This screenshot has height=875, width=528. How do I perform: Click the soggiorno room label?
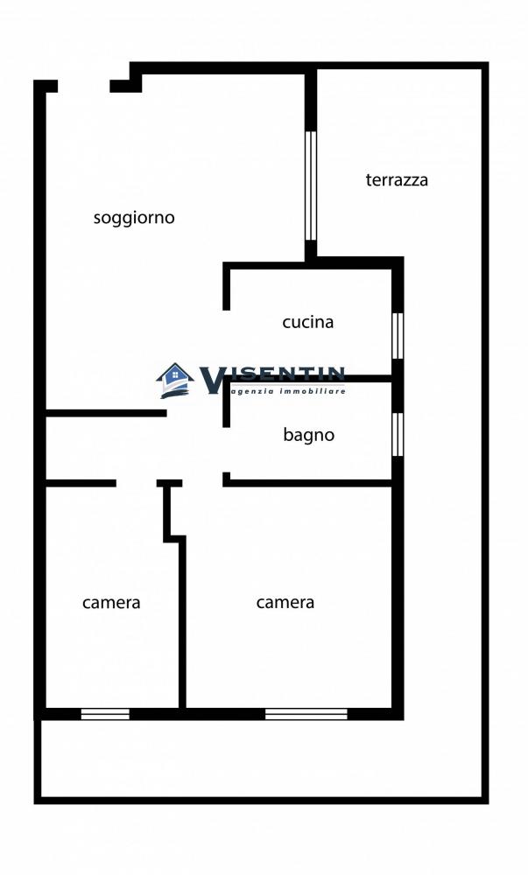pyautogui.click(x=134, y=218)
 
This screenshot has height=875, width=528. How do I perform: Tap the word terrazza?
pyautogui.click(x=397, y=180)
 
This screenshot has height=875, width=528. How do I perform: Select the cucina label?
pyautogui.click(x=307, y=322)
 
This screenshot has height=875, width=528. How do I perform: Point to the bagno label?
pyautogui.click(x=308, y=434)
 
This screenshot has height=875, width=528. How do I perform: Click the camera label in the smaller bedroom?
pyautogui.click(x=111, y=602)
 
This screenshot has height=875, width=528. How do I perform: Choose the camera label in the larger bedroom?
pyautogui.click(x=285, y=602)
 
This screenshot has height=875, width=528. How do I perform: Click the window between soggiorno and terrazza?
pyautogui.click(x=310, y=185)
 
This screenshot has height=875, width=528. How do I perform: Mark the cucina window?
pyautogui.click(x=397, y=335)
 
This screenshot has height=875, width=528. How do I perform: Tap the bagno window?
pyautogui.click(x=397, y=434)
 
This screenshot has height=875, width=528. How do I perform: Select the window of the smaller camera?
pyautogui.click(x=105, y=714)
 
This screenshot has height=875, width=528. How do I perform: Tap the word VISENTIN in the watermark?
pyautogui.click(x=273, y=377)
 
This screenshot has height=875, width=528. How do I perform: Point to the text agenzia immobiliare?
pyautogui.click(x=287, y=391)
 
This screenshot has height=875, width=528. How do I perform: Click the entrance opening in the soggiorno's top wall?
pyautogui.click(x=84, y=86)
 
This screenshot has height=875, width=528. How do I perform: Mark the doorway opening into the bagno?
pyautogui.click(x=226, y=450)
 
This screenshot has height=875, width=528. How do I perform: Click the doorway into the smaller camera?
pyautogui.click(x=137, y=483)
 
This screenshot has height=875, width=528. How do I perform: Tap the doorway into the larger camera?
pyautogui.click(x=202, y=483)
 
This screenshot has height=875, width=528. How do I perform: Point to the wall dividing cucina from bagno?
pyautogui.click(x=309, y=379)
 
